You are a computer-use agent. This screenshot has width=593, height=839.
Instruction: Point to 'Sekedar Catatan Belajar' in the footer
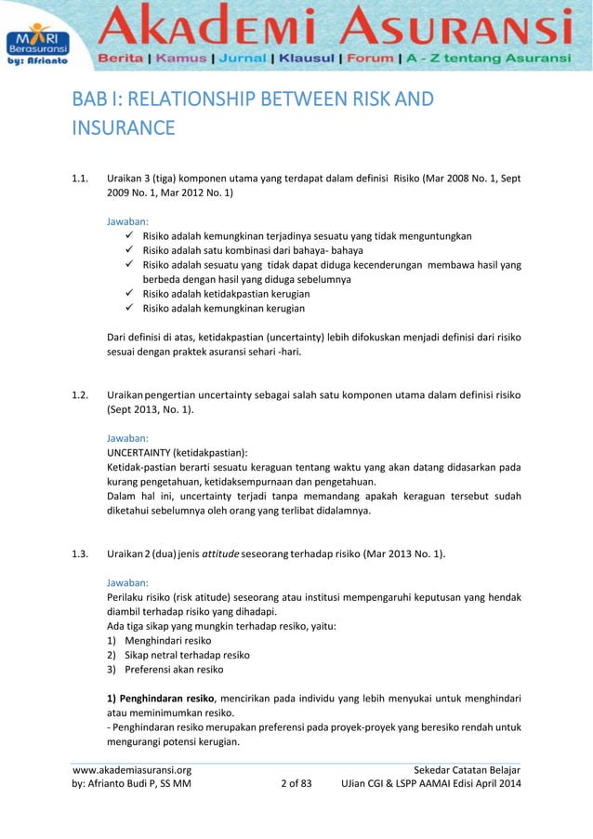(x=467, y=770)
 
